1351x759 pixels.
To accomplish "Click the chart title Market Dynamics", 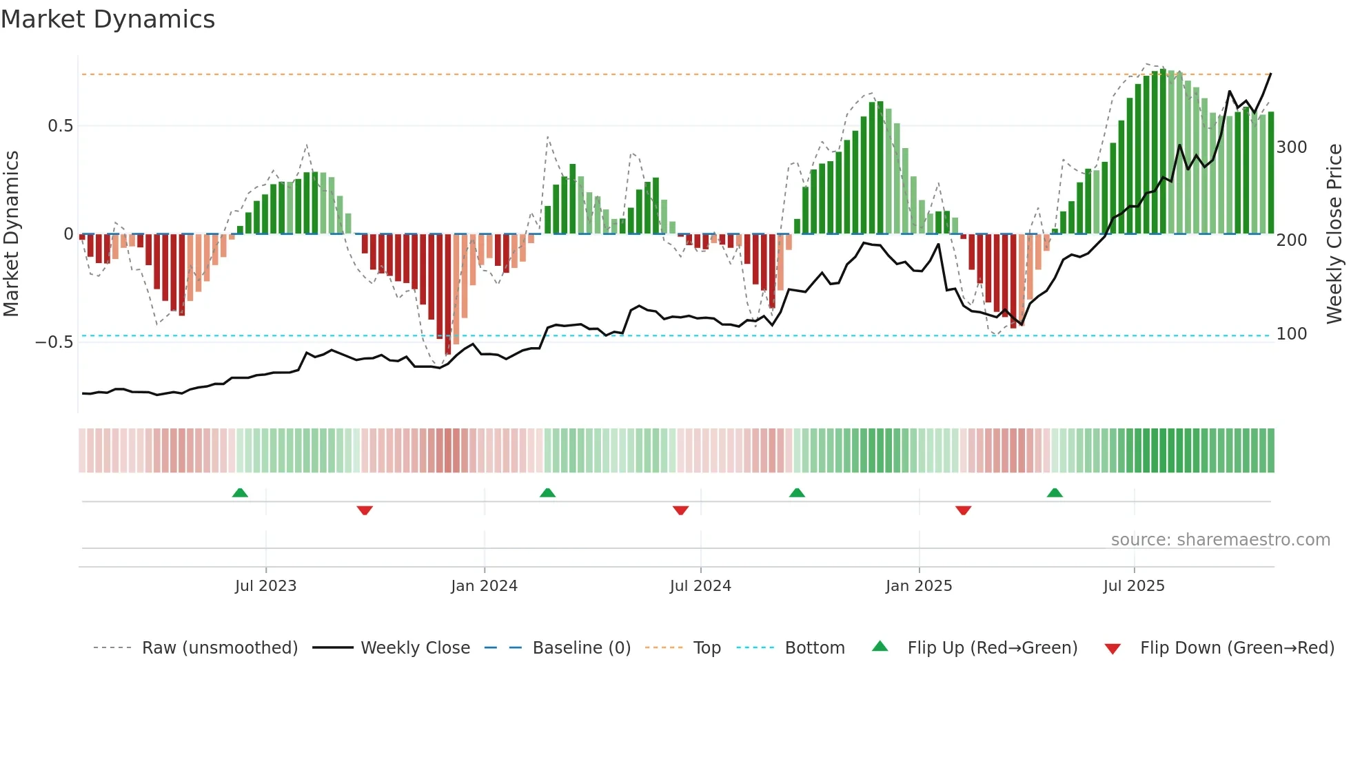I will click(108, 19).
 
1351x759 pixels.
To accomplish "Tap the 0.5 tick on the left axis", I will click(60, 126).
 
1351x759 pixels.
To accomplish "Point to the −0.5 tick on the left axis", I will click(54, 342).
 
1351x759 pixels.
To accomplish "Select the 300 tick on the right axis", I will click(1292, 147).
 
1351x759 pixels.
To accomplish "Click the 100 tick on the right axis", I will click(1292, 334).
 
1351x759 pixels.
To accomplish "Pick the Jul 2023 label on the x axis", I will click(265, 586).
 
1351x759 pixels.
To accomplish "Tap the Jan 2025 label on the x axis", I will click(918, 586).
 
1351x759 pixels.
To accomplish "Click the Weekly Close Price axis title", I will click(1334, 234).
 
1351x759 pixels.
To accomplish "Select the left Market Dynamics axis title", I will click(11, 234).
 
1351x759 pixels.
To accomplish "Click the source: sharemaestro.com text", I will click(1220, 540).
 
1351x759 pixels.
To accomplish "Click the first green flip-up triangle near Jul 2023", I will click(240, 493).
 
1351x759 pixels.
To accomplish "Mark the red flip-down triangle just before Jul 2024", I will click(680, 510).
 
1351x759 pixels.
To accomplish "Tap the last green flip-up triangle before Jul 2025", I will click(1055, 493).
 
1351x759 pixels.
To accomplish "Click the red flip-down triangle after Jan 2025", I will click(963, 510).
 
